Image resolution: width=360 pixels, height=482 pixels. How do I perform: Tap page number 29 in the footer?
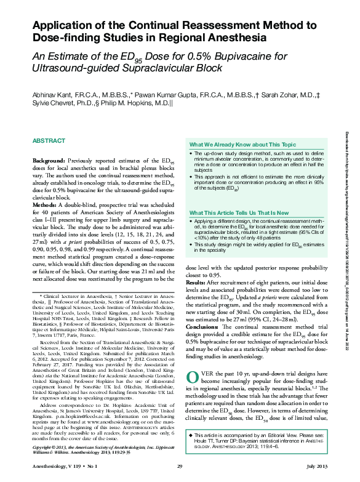pos(180,468)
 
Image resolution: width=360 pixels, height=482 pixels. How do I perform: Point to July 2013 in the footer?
pos(319,468)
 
